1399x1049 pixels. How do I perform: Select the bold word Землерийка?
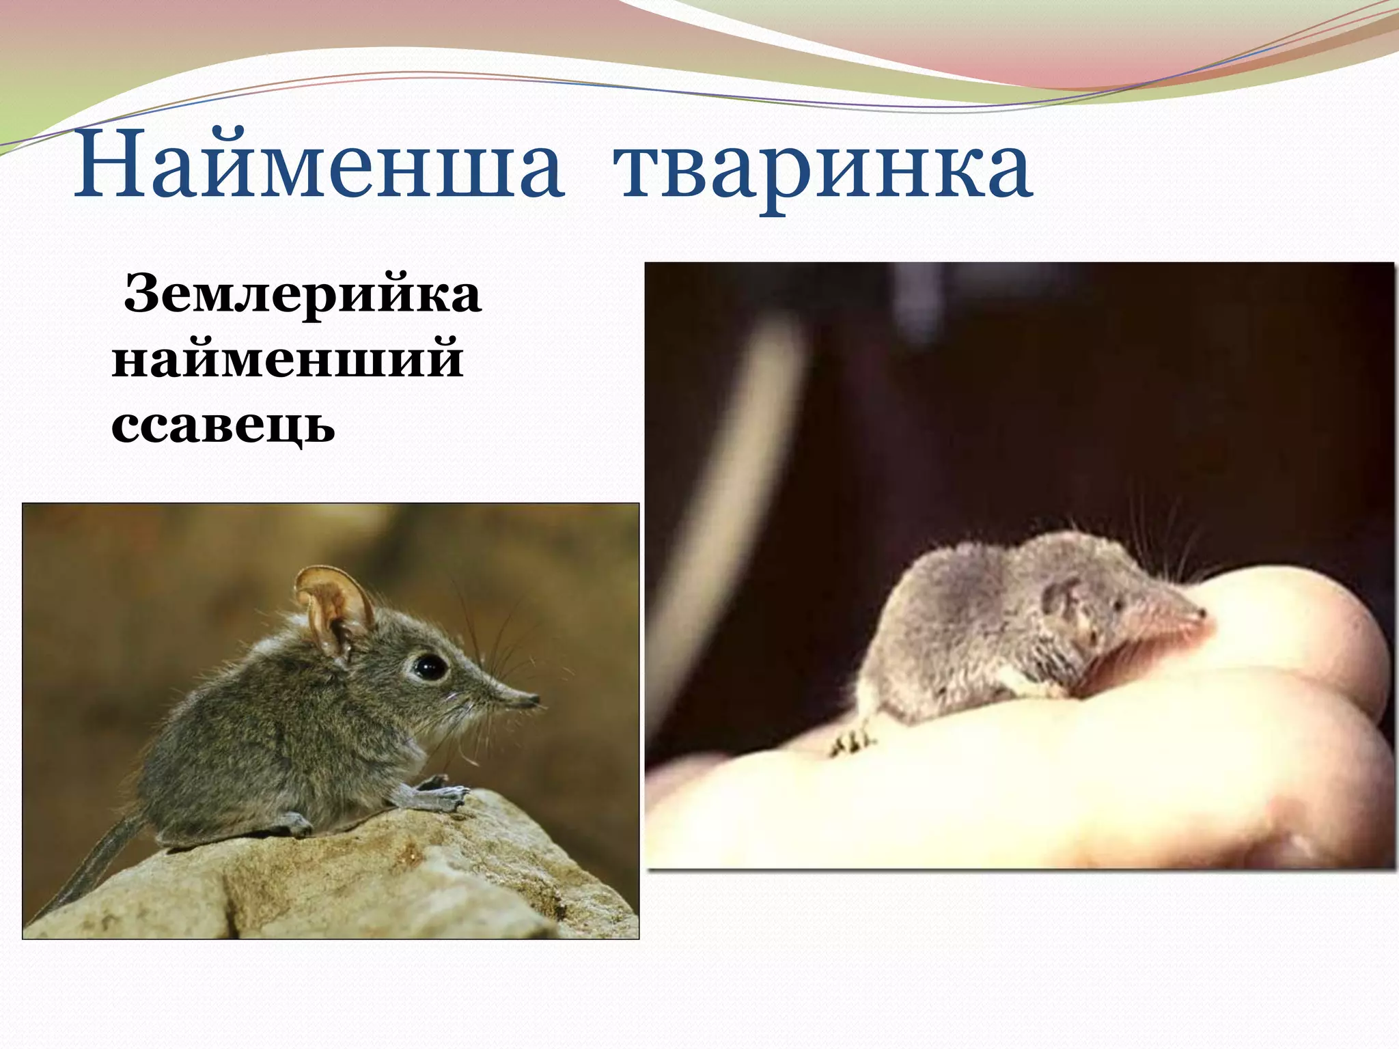point(303,295)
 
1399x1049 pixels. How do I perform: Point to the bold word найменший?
point(288,360)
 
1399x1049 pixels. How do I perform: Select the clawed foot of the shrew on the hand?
point(851,740)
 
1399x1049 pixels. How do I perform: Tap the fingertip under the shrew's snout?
point(1298,635)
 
